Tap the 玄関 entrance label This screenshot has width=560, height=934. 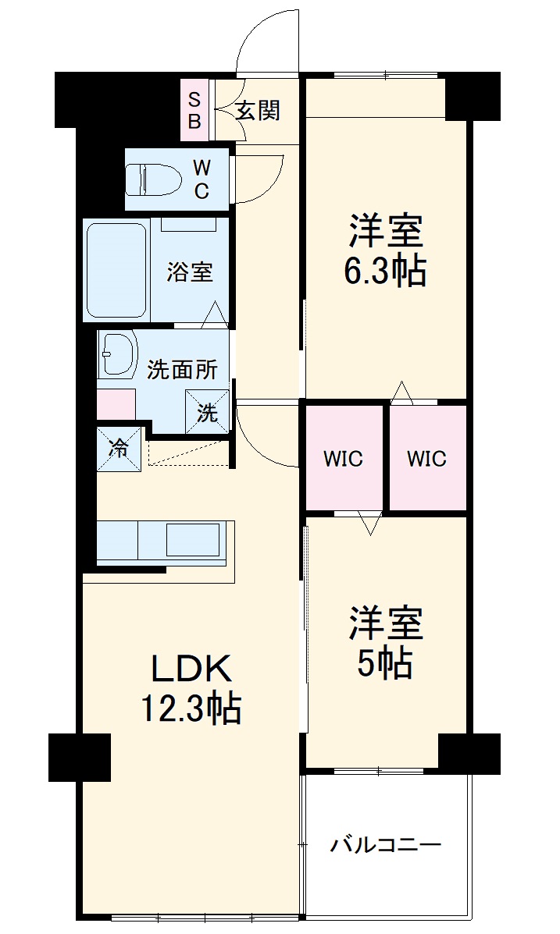tap(257, 111)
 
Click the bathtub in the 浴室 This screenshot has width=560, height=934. tap(116, 270)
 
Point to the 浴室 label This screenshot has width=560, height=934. tap(190, 272)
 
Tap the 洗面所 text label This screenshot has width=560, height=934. tap(183, 370)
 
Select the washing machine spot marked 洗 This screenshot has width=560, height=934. tap(208, 413)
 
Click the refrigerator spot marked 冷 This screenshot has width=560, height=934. tap(120, 449)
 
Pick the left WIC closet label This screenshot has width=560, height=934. tap(344, 459)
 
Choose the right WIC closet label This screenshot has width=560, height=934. tap(426, 459)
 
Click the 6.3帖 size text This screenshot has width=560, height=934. tap(385, 272)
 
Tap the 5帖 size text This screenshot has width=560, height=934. tap(385, 663)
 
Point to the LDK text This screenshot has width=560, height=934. tap(191, 669)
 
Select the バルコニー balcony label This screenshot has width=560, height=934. tap(386, 845)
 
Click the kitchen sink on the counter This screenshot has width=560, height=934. tap(192, 540)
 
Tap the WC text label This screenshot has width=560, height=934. tap(202, 179)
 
